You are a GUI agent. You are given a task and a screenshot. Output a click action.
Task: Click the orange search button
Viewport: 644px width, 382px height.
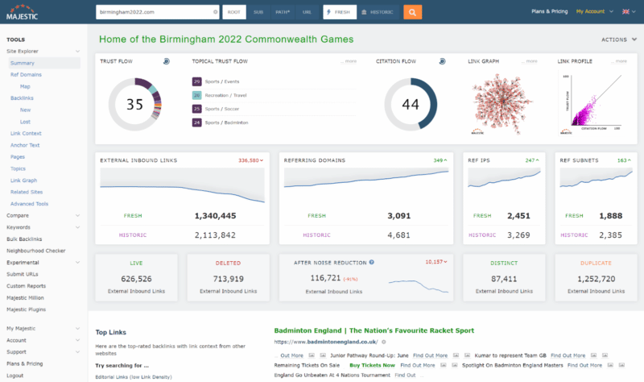click(x=411, y=12)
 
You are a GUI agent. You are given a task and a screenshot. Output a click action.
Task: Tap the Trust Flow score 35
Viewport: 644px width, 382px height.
click(x=134, y=104)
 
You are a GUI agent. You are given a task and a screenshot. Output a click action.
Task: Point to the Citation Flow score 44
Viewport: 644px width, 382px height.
click(x=411, y=104)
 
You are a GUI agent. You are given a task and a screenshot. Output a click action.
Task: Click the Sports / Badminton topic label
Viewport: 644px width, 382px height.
click(x=226, y=122)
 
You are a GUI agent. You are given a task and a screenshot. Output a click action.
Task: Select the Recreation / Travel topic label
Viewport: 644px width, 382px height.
click(x=228, y=95)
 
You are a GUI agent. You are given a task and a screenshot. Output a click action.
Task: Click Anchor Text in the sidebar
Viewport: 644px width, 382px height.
click(x=26, y=145)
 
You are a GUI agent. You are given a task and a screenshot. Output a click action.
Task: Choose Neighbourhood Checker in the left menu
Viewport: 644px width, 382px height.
click(x=35, y=251)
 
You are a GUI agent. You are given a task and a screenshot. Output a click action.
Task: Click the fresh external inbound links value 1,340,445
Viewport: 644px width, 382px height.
click(x=215, y=216)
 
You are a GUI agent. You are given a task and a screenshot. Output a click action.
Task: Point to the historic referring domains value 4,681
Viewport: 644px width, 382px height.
click(x=399, y=235)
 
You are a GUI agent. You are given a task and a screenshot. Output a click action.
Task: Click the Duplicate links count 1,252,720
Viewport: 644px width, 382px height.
click(x=597, y=278)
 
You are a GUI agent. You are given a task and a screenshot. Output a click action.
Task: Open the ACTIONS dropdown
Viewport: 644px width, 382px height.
click(x=617, y=39)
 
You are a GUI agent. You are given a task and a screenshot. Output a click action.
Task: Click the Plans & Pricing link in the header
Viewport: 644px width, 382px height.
click(x=550, y=11)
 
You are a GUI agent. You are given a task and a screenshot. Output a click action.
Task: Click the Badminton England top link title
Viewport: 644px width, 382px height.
click(x=374, y=330)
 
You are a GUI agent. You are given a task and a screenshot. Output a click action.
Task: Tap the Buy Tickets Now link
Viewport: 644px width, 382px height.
click(x=372, y=365)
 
